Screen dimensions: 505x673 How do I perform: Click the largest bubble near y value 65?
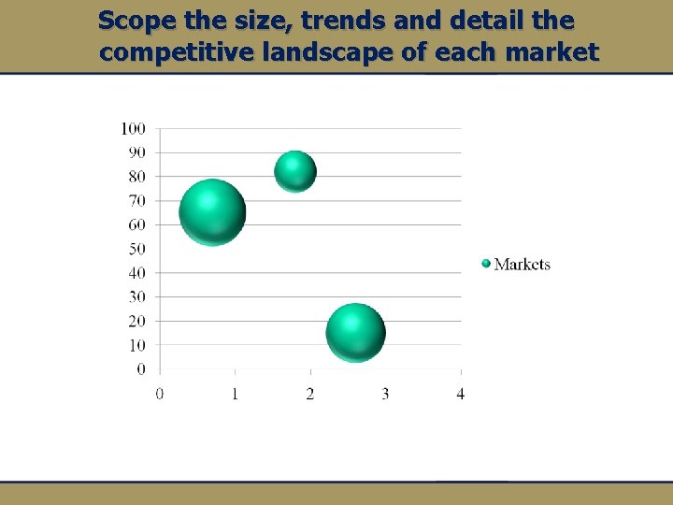click(212, 212)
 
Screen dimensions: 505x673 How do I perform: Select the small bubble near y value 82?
click(295, 171)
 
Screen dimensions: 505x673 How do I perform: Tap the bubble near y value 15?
click(355, 333)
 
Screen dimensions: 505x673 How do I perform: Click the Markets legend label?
click(523, 265)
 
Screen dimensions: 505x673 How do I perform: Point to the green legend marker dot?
click(486, 264)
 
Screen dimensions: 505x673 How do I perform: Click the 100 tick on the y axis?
click(133, 128)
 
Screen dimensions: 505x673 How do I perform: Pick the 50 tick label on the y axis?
click(136, 249)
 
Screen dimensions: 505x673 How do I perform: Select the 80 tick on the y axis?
click(136, 177)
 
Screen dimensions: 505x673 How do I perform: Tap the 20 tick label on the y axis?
click(136, 321)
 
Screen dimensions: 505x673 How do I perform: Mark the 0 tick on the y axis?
click(141, 369)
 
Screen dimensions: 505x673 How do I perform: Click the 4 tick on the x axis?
click(461, 394)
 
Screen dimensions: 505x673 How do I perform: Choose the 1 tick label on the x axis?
click(235, 394)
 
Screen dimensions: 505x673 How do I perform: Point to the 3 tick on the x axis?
click(385, 394)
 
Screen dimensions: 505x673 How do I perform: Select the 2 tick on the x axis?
click(310, 394)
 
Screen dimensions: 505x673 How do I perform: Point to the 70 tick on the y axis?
click(136, 201)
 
